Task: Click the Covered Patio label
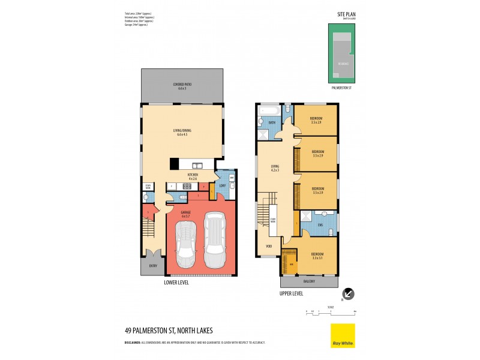tap(182, 85)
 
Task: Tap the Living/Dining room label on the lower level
tap(182, 133)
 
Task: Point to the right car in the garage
tap(214, 240)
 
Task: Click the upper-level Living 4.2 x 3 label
tap(275, 169)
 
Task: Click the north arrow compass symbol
tap(348, 294)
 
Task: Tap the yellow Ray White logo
tap(343, 335)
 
